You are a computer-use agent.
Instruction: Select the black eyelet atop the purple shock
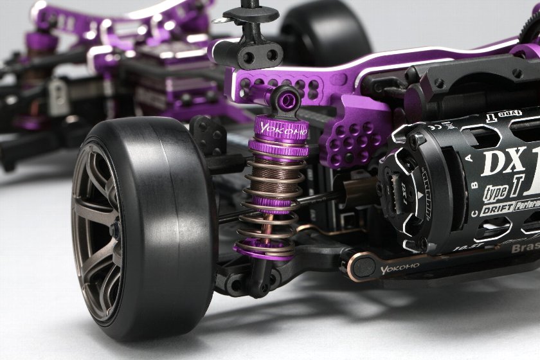[284, 98]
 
